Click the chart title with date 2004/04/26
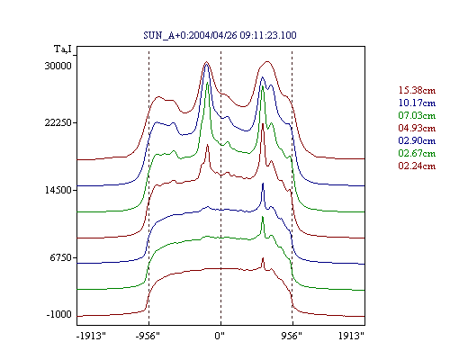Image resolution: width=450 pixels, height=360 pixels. pyautogui.click(x=220, y=35)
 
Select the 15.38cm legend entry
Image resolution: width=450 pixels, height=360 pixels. pyautogui.click(x=417, y=90)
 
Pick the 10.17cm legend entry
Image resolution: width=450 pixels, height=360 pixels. pyautogui.click(x=417, y=103)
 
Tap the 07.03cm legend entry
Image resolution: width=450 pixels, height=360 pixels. pyautogui.click(x=417, y=115)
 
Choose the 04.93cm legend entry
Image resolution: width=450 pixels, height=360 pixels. pyautogui.click(x=417, y=128)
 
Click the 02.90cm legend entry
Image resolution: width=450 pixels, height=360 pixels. pyautogui.click(x=417, y=140)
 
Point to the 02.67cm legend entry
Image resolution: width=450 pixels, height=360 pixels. pyautogui.click(x=417, y=153)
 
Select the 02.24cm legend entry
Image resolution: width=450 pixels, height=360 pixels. pyautogui.click(x=417, y=166)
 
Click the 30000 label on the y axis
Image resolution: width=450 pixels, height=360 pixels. pyautogui.click(x=58, y=66)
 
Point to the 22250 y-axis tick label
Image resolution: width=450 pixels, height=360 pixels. pyautogui.click(x=58, y=122)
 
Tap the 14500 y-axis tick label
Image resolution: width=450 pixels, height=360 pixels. pyautogui.click(x=58, y=190)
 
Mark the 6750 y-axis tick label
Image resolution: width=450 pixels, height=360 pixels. pyautogui.click(x=61, y=257)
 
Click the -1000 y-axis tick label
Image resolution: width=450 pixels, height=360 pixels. pyautogui.click(x=59, y=314)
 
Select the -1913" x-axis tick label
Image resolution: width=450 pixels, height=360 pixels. pyautogui.click(x=91, y=336)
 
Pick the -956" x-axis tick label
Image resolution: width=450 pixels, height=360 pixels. pyautogui.click(x=148, y=336)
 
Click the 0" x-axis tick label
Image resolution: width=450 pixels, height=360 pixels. pyautogui.click(x=220, y=336)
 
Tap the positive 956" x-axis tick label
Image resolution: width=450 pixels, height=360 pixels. pyautogui.click(x=292, y=336)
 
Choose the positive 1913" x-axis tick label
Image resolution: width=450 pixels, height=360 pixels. pyautogui.click(x=351, y=336)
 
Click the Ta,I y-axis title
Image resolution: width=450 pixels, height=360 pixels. pyautogui.click(x=63, y=49)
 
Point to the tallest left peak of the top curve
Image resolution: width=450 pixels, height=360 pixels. pyautogui.click(x=206, y=62)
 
